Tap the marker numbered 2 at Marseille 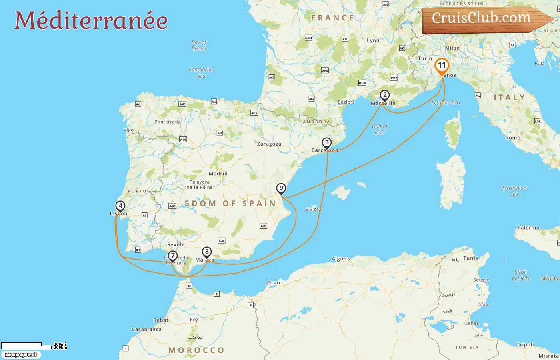(x=384, y=96)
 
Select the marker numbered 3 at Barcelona (x=327, y=143)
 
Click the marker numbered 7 (x=172, y=256)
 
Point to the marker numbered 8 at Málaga (x=206, y=252)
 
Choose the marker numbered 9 (x=281, y=188)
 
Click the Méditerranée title (x=91, y=20)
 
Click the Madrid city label (x=218, y=174)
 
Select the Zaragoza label (x=269, y=144)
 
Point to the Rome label (x=512, y=138)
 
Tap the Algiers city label (x=341, y=259)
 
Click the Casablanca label (x=146, y=330)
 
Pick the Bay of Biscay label (x=199, y=45)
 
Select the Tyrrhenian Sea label (x=514, y=191)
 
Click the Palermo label (x=528, y=228)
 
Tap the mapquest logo (x=21, y=355)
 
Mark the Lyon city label (x=373, y=40)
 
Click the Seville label (x=176, y=244)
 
